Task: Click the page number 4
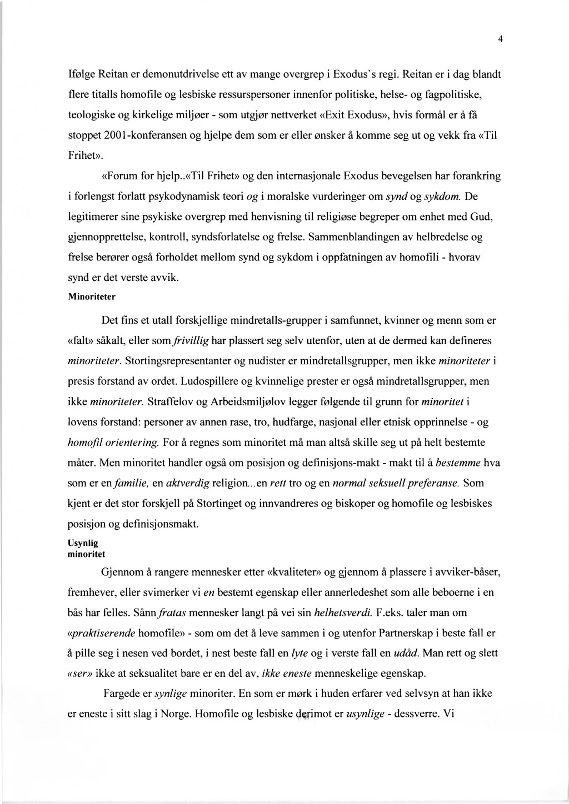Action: tap(500, 39)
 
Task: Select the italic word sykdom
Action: tap(442, 197)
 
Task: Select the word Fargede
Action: tap(126, 694)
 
